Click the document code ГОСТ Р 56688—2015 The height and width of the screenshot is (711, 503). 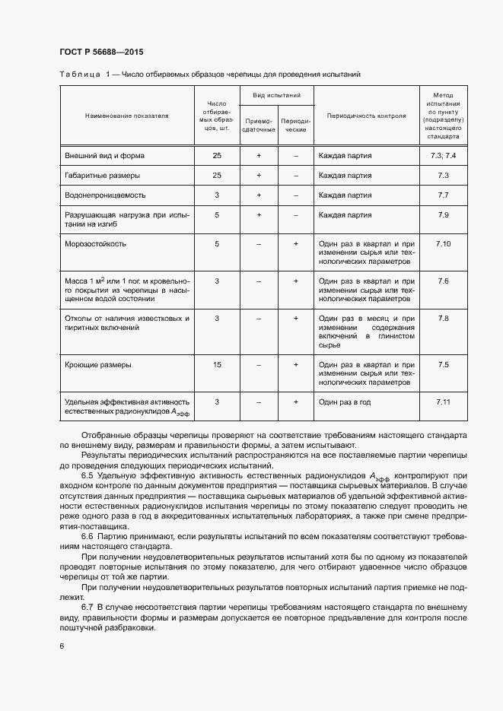coord(101,52)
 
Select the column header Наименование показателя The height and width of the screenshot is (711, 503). coord(126,116)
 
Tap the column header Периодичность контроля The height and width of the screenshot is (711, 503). coord(366,116)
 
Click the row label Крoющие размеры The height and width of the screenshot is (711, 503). coord(98,365)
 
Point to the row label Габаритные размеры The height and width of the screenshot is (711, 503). coord(102,176)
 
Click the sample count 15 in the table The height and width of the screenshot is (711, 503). coord(217,365)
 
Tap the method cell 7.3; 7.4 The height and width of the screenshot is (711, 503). coord(444,155)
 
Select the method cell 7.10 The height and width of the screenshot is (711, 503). coord(444,244)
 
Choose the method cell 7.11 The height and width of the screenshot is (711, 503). coord(444,401)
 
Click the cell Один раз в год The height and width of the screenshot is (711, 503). coord(345,402)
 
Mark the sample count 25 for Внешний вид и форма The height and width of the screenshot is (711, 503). coord(217,155)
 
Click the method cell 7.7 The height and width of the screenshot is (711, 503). coord(444,195)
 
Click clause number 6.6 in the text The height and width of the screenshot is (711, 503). coord(87,537)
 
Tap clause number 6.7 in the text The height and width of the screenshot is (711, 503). coord(87,608)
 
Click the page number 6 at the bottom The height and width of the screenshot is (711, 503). coord(62,646)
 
